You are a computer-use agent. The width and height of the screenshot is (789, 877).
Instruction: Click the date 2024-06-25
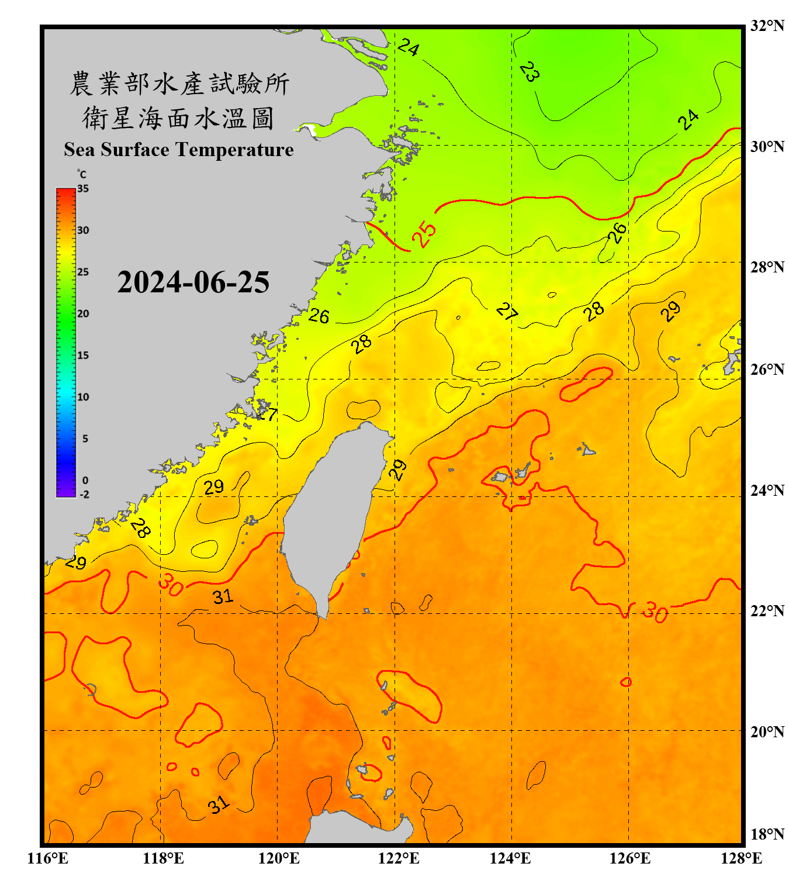tap(193, 282)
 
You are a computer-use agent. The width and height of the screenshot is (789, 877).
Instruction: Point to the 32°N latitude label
tap(767, 26)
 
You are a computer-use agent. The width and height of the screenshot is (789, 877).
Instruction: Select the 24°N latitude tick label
tap(767, 490)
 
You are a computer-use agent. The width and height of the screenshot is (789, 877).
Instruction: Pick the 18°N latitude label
tap(767, 834)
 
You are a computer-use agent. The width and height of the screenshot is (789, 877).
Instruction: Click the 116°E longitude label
tap(48, 858)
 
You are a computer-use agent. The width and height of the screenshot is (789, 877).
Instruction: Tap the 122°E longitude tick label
tap(399, 858)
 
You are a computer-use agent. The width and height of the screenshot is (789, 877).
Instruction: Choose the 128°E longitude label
tap(741, 858)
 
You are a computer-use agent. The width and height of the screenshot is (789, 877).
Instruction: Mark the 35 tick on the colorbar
tap(83, 189)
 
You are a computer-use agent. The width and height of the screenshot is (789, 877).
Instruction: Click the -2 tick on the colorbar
tap(84, 495)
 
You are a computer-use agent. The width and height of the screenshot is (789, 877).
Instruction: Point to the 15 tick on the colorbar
tap(83, 355)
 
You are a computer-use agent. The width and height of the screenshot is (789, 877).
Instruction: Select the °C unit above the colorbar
tap(82, 174)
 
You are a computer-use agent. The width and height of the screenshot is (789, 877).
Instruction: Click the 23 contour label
tap(530, 71)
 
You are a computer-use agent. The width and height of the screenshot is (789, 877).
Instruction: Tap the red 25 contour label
tap(424, 234)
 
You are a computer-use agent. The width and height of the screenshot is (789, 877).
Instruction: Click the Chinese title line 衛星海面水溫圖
tap(178, 118)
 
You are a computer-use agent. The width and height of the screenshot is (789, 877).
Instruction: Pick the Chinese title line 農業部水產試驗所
tap(179, 84)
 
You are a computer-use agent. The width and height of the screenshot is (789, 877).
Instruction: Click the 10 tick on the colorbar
tap(83, 397)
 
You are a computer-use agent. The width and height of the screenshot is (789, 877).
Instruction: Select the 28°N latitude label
tap(767, 267)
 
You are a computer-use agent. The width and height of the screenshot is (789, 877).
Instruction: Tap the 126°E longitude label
tap(630, 858)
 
